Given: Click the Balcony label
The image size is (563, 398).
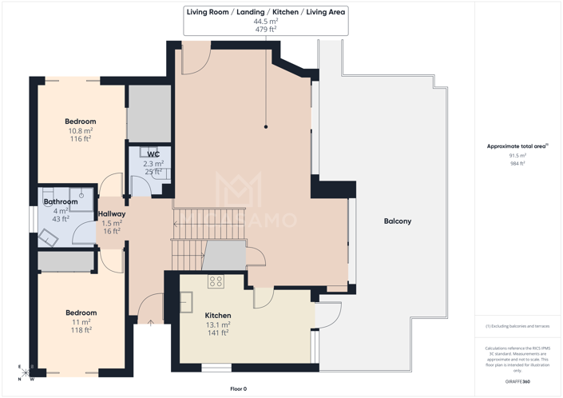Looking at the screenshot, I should (x=397, y=221).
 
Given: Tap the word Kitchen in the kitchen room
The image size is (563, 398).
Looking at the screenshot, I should (x=218, y=316).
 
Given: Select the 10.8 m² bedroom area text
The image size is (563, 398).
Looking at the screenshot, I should (x=80, y=130).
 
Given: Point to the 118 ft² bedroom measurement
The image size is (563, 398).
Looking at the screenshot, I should (x=81, y=329).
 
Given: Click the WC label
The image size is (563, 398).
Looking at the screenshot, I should (x=153, y=153).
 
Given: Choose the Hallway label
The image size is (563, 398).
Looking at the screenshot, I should (x=112, y=213).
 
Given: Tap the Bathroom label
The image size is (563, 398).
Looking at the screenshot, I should (x=61, y=201).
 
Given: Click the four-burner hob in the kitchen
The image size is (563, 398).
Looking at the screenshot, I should (x=216, y=281).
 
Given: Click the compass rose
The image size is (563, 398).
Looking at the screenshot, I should (x=26, y=373).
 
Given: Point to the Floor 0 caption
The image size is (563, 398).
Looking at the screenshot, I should (x=238, y=389).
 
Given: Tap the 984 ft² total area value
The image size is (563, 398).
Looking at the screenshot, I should (x=517, y=163).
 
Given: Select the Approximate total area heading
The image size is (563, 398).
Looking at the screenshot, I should (x=517, y=146).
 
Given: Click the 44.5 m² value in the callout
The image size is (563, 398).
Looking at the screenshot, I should (x=266, y=22).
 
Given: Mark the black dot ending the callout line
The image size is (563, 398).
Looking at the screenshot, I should (x=266, y=126).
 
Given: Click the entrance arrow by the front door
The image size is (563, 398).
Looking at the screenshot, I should (x=152, y=323).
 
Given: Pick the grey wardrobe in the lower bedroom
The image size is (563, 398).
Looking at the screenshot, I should (x=67, y=261).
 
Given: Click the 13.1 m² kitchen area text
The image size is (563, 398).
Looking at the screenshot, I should (x=218, y=325).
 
